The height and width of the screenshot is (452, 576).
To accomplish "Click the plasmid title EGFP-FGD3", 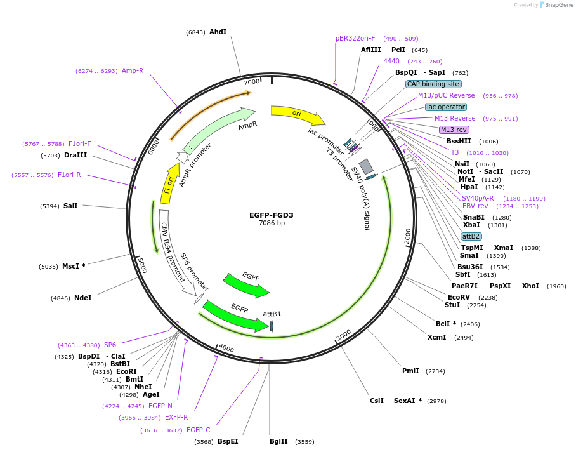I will click(271, 215).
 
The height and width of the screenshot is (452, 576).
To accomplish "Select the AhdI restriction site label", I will click(218, 32).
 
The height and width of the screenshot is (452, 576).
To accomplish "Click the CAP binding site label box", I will click(433, 84).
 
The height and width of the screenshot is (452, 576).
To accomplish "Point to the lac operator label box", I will click(445, 107).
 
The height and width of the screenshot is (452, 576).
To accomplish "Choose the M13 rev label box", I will click(454, 130).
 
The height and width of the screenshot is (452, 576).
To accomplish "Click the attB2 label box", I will click(471, 236).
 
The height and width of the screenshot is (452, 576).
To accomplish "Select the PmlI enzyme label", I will click(410, 371).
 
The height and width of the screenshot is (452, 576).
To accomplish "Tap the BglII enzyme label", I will click(278, 441).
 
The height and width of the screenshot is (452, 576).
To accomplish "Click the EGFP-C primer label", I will click(198, 430).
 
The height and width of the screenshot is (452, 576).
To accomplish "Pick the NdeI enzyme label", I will click(82, 298).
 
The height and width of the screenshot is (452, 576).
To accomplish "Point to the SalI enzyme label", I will click(70, 206).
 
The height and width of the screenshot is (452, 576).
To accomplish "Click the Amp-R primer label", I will click(133, 70).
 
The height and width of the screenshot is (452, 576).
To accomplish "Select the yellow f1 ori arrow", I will click(169, 183).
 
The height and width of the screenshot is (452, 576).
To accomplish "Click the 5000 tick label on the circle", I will click(143, 265).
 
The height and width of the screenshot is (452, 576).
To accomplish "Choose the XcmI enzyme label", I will click(436, 337).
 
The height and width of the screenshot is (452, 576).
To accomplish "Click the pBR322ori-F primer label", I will click(355, 38).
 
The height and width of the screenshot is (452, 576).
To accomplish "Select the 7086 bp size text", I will click(271, 223).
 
